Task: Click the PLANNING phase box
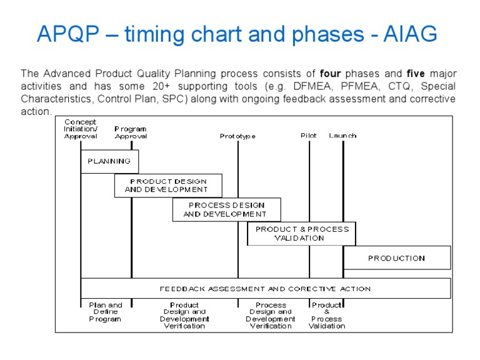[109, 161]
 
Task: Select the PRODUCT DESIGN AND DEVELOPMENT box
[167, 186]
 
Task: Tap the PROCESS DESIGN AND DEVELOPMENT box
[226, 209]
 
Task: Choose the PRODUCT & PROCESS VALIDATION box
[301, 234]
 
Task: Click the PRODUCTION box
[396, 257]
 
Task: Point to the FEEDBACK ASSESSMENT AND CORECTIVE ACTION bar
[265, 289]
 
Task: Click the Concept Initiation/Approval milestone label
[81, 129]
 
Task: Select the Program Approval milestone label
[131, 132]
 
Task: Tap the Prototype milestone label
[237, 136]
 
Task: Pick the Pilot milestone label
[309, 136]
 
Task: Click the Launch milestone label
[342, 136]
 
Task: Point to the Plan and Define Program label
[105, 312]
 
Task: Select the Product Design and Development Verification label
[184, 316]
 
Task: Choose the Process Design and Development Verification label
[271, 316]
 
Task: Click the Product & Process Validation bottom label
[327, 316]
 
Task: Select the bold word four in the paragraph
[330, 73]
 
